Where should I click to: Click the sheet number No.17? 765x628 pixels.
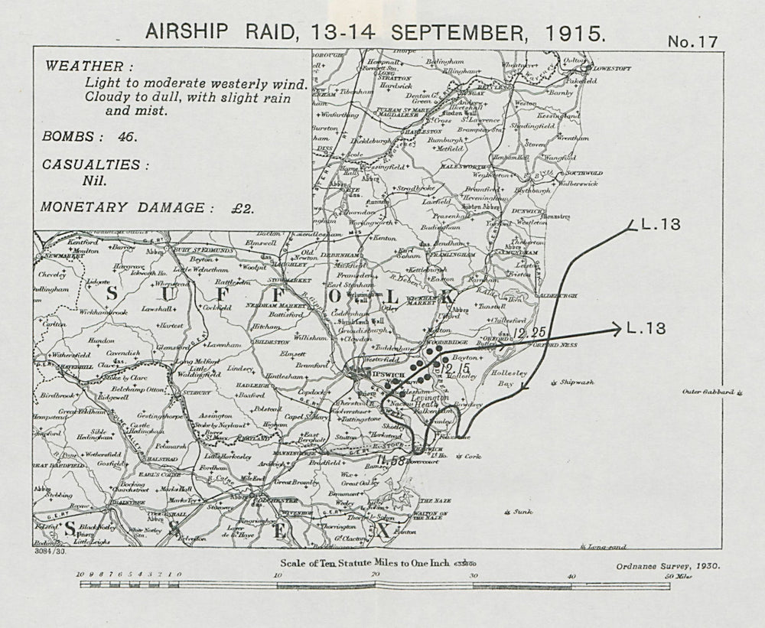[693, 42]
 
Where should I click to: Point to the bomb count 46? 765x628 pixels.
[125, 137]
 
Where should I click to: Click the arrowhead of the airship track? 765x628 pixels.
[614, 330]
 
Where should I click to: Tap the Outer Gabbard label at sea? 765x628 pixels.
[711, 392]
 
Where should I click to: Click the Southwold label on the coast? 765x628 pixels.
[586, 174]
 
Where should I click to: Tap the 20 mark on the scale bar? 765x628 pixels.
[374, 574]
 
